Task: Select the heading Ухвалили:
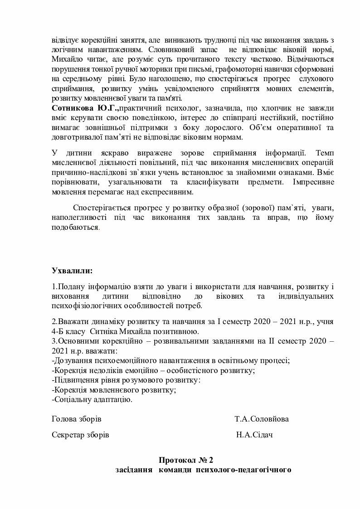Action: point(72,271)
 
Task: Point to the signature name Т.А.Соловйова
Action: point(262,419)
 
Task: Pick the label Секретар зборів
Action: point(81,435)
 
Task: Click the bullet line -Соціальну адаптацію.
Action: point(92,400)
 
